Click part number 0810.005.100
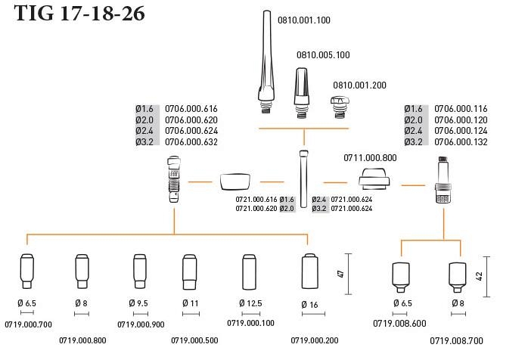tap(323, 55)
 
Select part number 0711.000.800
tap(370, 157)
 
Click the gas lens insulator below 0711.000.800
tap(372, 182)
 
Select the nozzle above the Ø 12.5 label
tap(250, 270)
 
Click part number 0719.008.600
tap(399, 323)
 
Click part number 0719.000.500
tap(194, 340)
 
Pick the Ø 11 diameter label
tap(189, 303)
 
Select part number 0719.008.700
tap(456, 340)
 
